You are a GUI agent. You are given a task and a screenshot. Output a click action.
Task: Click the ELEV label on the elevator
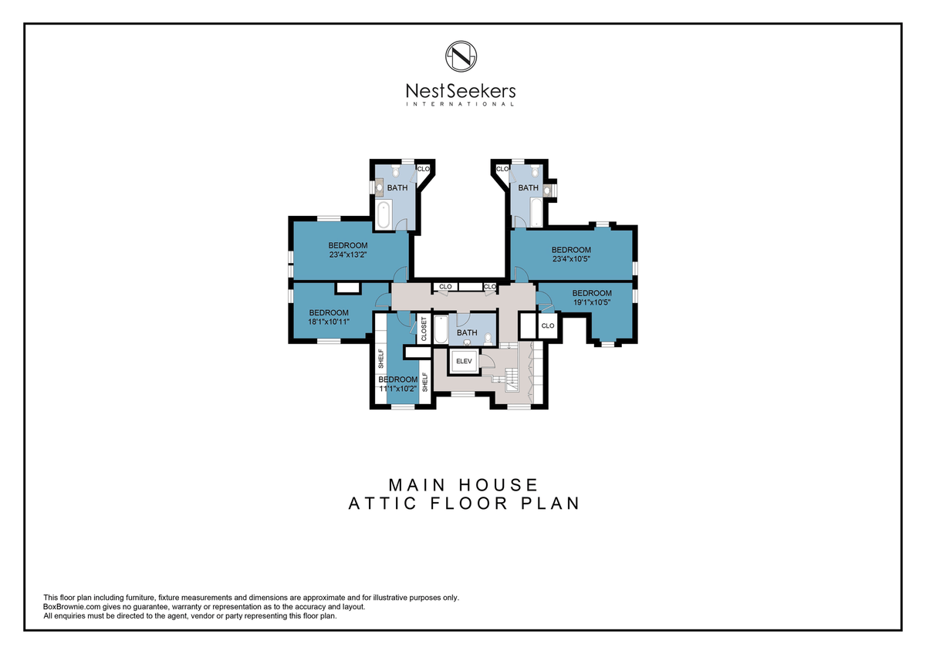click(464, 361)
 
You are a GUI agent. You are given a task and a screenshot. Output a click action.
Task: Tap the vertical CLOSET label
click(424, 329)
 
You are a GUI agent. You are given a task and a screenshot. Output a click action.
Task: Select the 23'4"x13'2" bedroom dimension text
click(348, 255)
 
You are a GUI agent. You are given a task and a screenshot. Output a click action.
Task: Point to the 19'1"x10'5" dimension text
click(592, 302)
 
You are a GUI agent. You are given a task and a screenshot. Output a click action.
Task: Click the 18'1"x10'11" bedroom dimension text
click(329, 322)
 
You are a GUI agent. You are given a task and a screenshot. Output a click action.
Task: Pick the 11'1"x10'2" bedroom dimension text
click(397, 389)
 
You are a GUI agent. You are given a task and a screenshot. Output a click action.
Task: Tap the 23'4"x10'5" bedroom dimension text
click(571, 259)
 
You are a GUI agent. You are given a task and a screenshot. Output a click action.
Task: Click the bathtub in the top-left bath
click(384, 214)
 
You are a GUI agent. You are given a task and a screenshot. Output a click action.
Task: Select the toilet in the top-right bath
click(536, 171)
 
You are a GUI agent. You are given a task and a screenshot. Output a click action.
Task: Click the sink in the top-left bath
click(379, 187)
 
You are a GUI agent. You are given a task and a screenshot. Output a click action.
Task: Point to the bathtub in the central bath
click(441, 329)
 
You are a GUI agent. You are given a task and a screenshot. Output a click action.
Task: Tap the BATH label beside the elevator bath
click(467, 332)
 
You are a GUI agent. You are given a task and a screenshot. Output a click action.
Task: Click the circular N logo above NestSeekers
click(461, 56)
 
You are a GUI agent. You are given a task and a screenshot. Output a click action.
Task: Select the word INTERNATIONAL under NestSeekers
click(461, 104)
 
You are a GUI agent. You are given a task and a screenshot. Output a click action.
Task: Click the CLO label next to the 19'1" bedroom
click(548, 326)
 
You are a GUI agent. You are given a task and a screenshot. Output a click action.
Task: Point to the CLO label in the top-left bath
click(424, 169)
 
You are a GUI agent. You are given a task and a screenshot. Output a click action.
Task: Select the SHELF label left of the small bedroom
click(381, 359)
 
